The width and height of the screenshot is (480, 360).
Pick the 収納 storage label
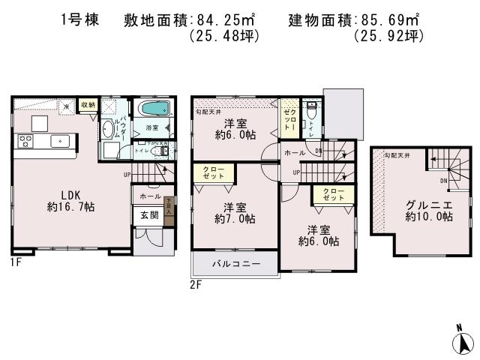coord(87,106)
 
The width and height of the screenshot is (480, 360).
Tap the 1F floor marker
coord(16,262)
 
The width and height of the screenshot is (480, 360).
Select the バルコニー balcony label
coord(235,264)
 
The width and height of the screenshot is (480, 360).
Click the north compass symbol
coord(463,341)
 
